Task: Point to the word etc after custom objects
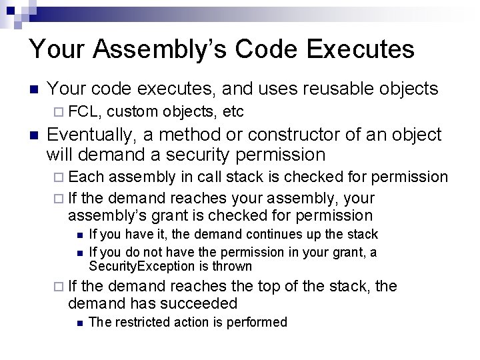[233, 111]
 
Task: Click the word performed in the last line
[259, 323]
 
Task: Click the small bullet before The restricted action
[79, 323]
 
